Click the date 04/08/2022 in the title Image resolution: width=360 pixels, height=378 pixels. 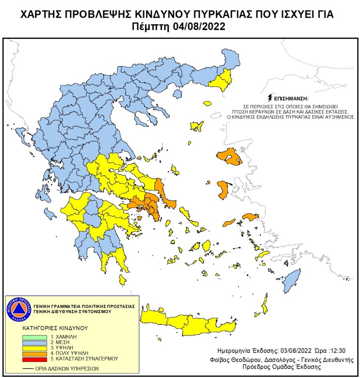point(200,26)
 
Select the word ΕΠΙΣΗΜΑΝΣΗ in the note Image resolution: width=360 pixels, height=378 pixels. point(291,98)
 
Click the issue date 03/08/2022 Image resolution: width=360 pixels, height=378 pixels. point(285,350)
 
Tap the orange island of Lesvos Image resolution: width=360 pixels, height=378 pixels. point(229,156)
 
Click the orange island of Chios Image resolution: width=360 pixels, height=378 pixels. point(223,190)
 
